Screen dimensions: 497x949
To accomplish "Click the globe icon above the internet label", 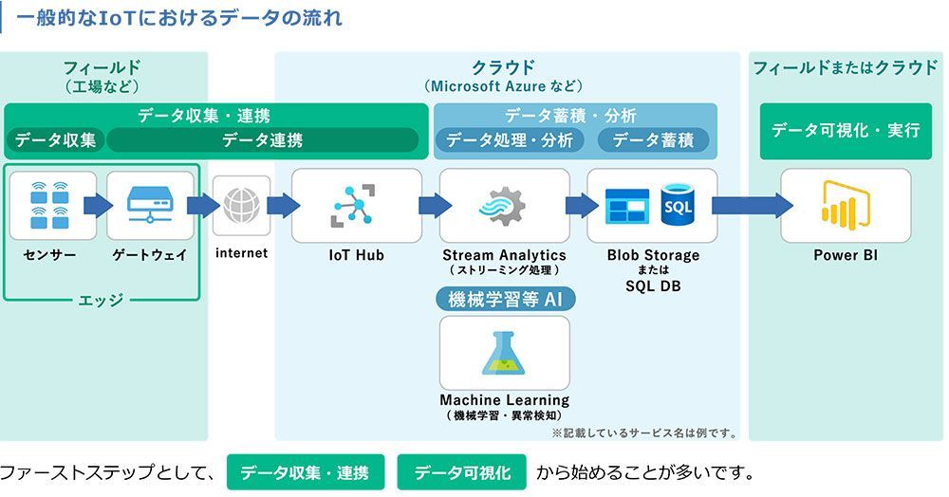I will point(240,205).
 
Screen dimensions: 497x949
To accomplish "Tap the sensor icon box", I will point(53,205).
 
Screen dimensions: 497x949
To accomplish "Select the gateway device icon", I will point(150,205).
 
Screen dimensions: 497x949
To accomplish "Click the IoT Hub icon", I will point(356,205).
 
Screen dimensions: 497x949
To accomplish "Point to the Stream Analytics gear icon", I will point(503,205).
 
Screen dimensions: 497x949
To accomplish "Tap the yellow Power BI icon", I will point(845,205).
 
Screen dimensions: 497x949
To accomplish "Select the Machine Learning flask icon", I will point(504,353).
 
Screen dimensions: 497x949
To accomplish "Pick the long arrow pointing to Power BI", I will point(752,206).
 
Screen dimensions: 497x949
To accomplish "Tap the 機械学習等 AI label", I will point(505,300).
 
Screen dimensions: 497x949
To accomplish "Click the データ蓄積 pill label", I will point(653,140).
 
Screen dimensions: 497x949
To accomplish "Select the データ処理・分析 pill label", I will point(510,140).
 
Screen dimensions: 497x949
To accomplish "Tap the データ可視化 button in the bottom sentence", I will point(462,472).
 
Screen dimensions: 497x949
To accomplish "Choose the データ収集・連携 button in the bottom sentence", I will point(305,472).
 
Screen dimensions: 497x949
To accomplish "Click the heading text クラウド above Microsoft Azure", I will point(503,67).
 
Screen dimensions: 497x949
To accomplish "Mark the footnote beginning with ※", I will point(643,433).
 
